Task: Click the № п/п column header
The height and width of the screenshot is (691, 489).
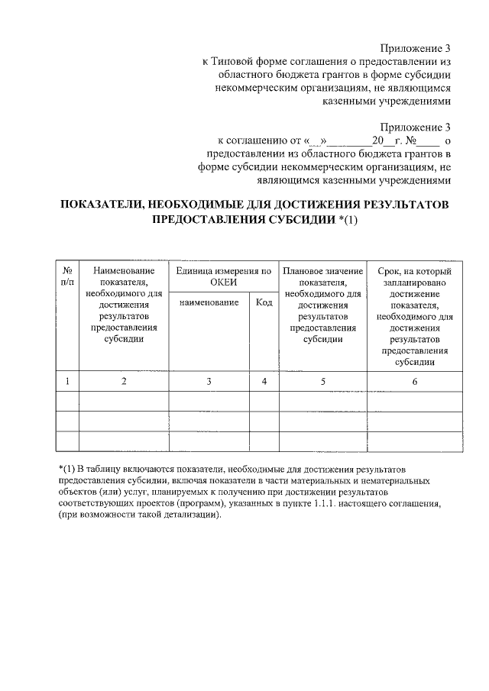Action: [x=68, y=277]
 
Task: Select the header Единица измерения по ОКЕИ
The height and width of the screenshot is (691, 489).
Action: [x=223, y=277]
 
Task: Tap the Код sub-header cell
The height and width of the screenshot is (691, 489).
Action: [x=264, y=303]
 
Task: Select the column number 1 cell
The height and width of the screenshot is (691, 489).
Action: [x=68, y=381]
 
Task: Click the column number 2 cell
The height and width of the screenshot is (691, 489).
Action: [x=123, y=381]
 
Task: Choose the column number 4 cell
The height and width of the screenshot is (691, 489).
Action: [x=264, y=381]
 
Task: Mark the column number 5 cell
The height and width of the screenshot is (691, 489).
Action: [x=322, y=381]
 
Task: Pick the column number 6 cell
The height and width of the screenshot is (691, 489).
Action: [x=415, y=381]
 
